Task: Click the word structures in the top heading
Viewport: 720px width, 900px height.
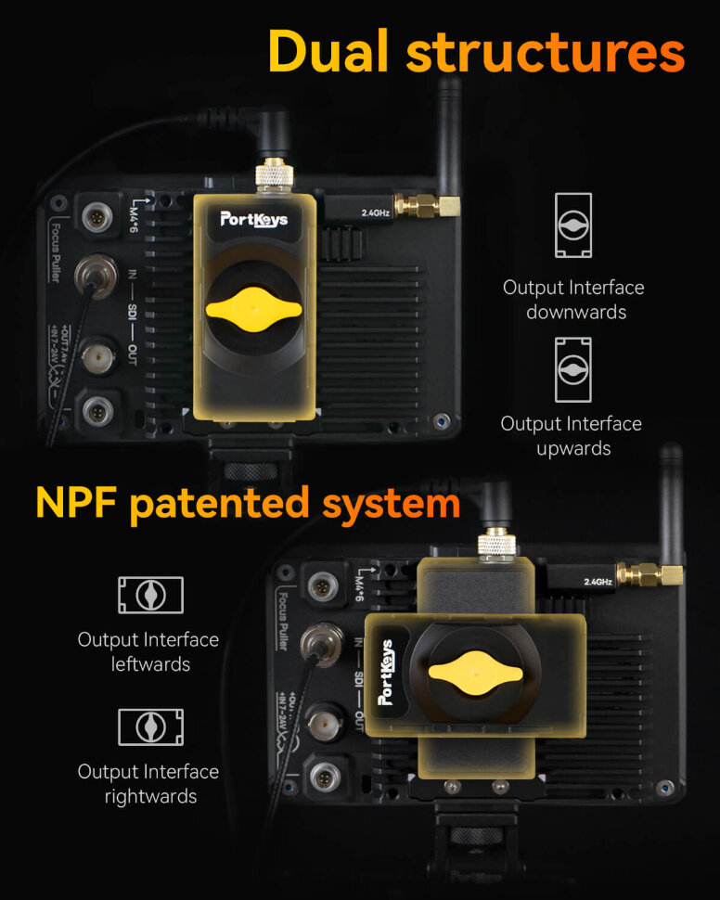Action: [x=546, y=52]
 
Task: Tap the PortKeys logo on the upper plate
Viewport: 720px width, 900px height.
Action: [x=253, y=219]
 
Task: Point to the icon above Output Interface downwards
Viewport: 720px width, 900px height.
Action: [x=573, y=225]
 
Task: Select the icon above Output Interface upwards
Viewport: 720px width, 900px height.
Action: [x=573, y=369]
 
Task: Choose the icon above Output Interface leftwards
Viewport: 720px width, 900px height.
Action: [x=150, y=595]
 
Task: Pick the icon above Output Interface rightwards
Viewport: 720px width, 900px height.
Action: [x=150, y=726]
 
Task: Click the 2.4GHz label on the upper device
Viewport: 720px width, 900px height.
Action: [x=376, y=213]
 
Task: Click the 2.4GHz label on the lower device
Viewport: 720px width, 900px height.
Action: [x=598, y=582]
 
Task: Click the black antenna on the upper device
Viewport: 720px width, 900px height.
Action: [x=449, y=130]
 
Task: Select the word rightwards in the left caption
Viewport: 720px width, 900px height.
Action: [x=150, y=796]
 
